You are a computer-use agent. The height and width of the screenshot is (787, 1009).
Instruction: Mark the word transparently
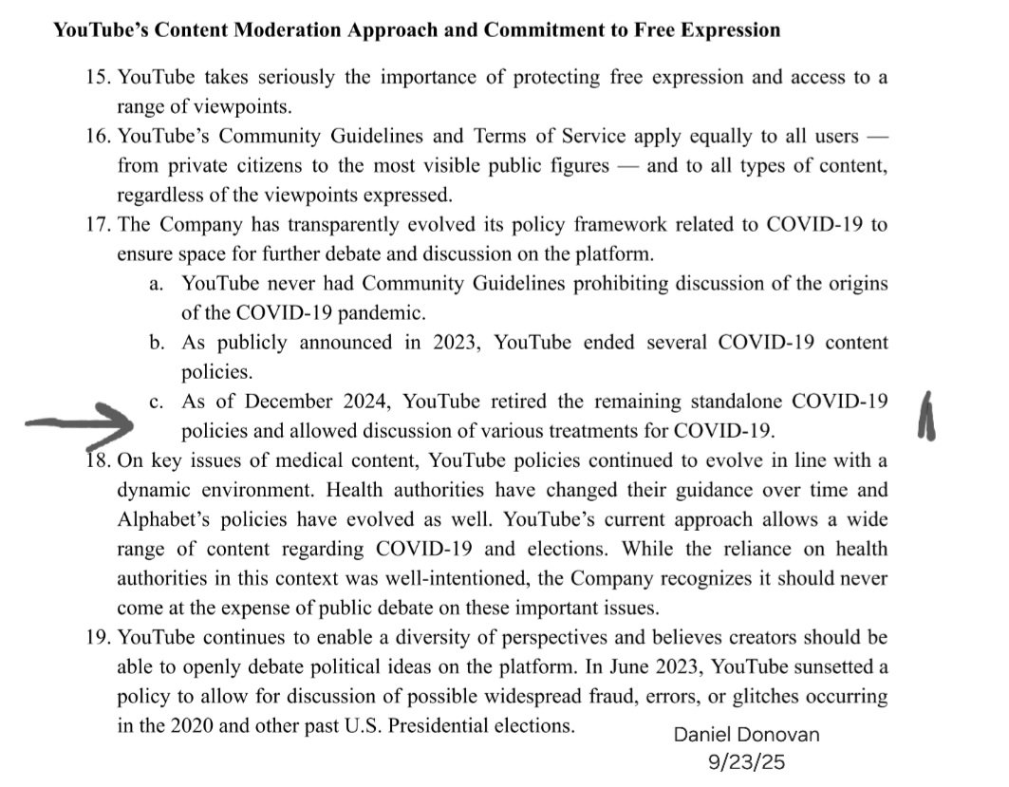coord(342,226)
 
